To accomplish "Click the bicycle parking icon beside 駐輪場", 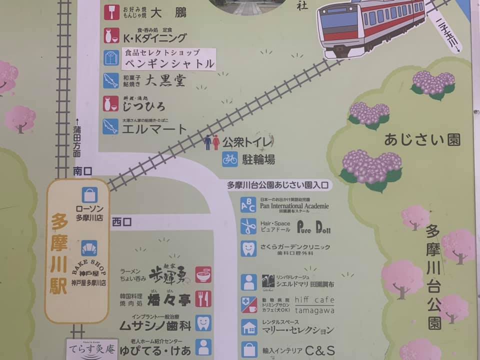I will point(230,159).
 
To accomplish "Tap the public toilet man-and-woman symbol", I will point(211,142).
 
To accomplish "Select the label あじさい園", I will point(422,140).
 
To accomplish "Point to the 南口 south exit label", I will point(83,171).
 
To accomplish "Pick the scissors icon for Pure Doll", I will point(248,226).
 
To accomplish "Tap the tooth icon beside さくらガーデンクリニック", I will point(248,248).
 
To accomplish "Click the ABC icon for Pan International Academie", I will point(248,204).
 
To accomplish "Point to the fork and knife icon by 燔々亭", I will point(202,299).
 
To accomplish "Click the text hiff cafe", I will point(314,299).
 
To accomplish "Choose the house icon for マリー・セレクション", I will point(248,327).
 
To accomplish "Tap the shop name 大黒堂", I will point(165,80).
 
